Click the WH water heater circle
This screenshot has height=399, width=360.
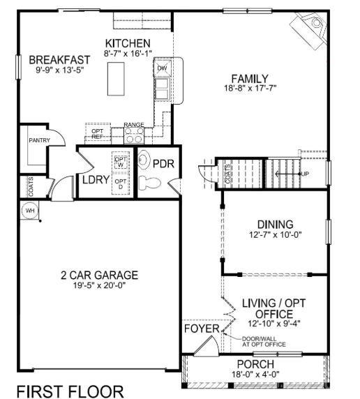[x=30, y=210]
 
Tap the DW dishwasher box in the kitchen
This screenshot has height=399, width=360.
[x=162, y=68]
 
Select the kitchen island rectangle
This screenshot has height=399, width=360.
[x=116, y=77]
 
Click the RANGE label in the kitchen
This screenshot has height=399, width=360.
[x=133, y=124]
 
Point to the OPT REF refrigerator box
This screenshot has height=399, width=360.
[x=98, y=133]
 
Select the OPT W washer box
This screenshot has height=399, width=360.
[x=121, y=161]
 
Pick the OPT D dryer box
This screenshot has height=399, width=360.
[x=121, y=184]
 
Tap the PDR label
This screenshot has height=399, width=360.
[x=163, y=165]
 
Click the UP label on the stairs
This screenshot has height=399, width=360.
[x=305, y=173]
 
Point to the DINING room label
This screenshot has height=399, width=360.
[x=275, y=225]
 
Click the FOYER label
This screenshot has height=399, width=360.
[x=201, y=329]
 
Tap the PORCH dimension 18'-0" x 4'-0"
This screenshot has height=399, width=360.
[x=255, y=375]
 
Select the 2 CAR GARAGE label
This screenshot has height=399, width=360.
[x=98, y=275]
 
